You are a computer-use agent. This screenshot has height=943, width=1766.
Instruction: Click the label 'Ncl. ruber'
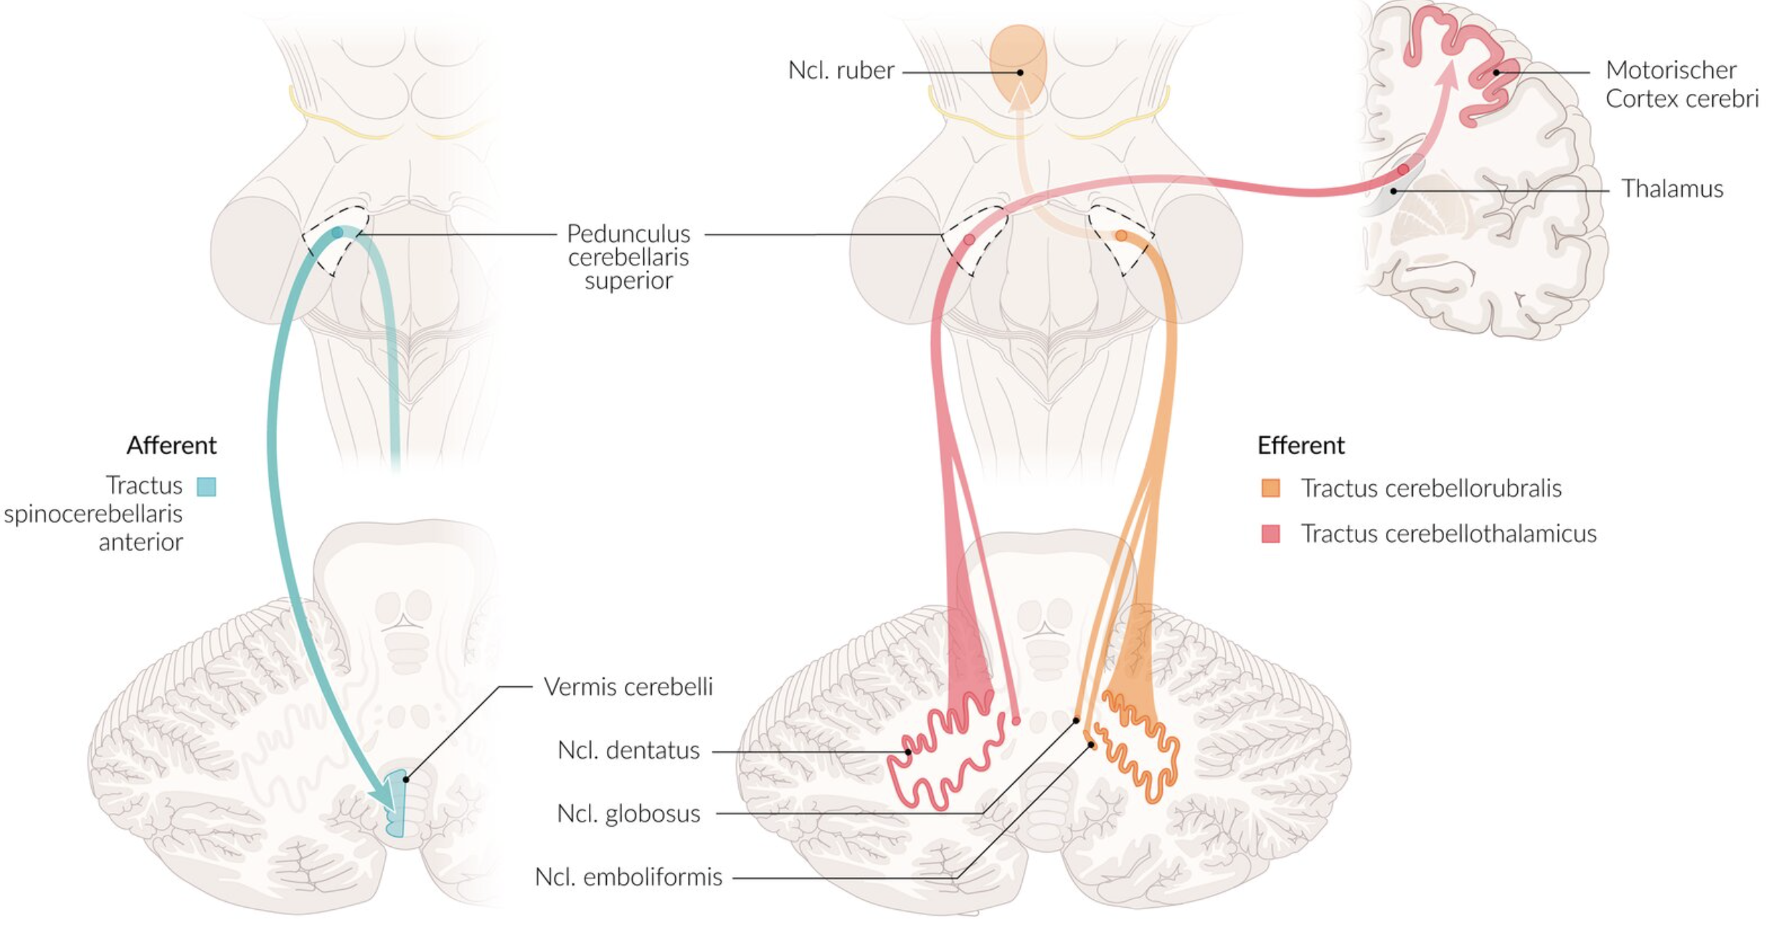(841, 70)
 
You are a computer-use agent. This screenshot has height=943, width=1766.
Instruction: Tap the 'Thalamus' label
(1671, 189)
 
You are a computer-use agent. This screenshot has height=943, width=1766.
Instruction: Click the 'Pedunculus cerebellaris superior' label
(628, 256)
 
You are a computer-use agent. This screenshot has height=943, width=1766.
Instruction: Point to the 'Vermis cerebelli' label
(628, 687)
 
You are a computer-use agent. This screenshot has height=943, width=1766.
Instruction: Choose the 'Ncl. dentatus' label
(628, 750)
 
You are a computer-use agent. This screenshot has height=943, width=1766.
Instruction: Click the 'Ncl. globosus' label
(628, 813)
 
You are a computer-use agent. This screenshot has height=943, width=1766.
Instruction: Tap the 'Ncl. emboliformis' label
(628, 877)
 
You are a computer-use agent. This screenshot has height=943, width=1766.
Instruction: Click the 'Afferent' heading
(171, 446)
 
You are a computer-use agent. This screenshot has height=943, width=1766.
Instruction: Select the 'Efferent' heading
(1300, 446)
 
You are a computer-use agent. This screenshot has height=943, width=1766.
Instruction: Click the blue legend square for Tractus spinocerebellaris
(207, 487)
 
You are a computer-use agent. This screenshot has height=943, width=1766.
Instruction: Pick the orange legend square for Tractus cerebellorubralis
(1270, 489)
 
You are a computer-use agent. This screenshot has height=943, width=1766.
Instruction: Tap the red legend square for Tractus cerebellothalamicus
(1270, 534)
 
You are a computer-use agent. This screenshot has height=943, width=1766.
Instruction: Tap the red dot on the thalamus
(1403, 170)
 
